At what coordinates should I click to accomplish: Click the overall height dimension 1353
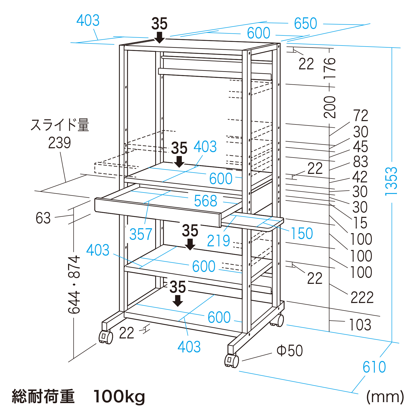point(391,181)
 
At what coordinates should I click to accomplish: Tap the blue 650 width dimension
point(305,24)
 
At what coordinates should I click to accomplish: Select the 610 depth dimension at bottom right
point(374,367)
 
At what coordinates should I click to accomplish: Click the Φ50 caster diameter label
point(290,351)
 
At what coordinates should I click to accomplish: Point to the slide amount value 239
point(60,143)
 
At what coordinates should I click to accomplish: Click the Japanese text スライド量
point(60,125)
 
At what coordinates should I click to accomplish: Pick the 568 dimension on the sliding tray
point(205,201)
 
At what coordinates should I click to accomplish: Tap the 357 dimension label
point(141,234)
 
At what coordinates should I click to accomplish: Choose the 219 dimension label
point(218,241)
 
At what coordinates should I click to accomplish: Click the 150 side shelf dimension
point(302,233)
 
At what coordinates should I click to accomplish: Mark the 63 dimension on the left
point(43,218)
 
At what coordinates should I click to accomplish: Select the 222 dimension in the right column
point(362,297)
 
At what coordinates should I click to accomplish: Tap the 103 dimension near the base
point(360,325)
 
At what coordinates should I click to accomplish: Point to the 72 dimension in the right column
point(360,115)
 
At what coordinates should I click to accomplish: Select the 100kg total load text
point(119,397)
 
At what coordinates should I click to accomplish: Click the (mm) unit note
point(385,397)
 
